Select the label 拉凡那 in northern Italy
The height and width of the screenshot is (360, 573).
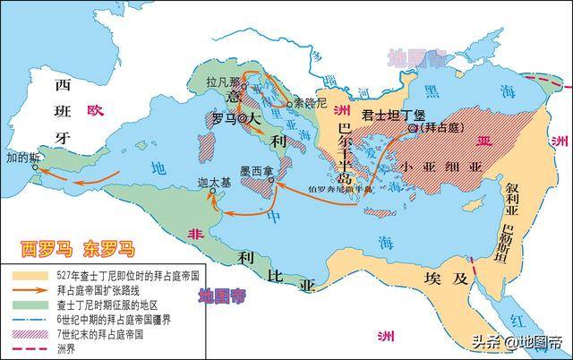pyautogui.click(x=223, y=81)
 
